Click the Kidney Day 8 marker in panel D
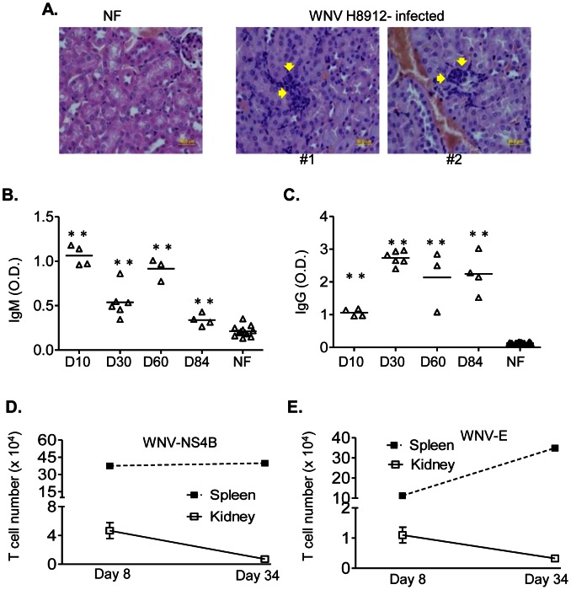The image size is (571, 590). point(109,530)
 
